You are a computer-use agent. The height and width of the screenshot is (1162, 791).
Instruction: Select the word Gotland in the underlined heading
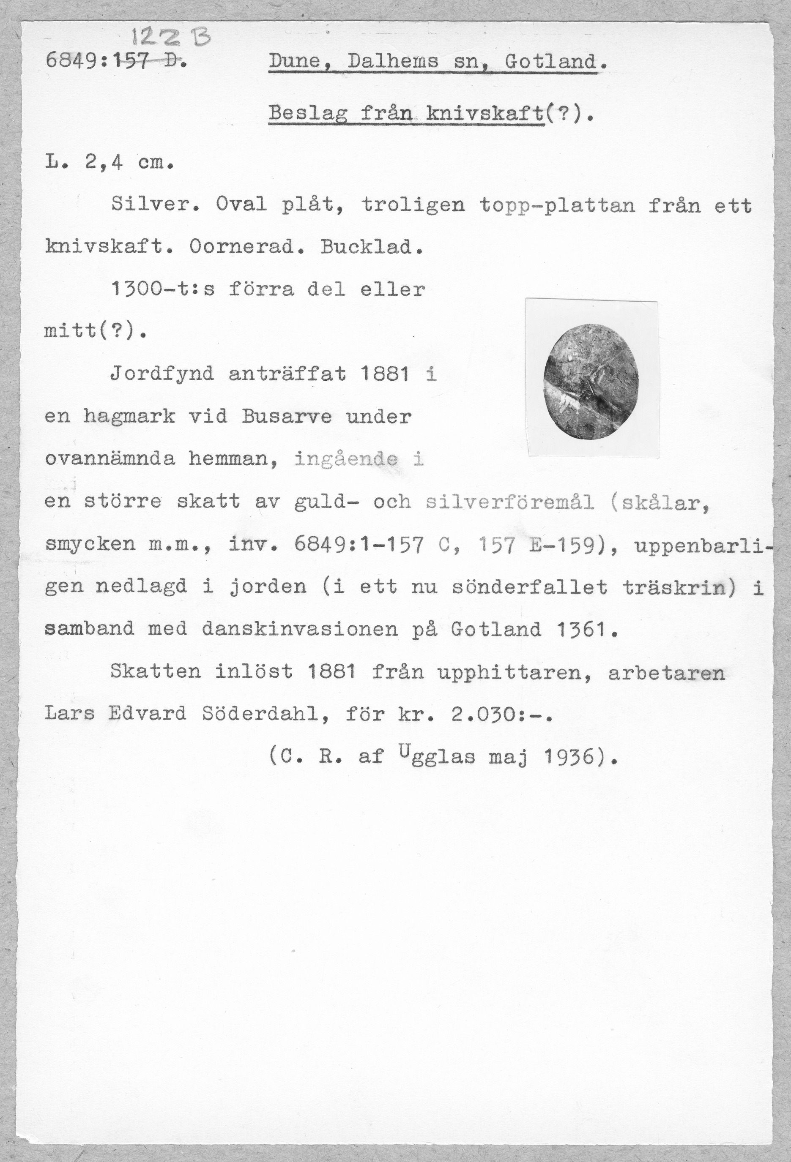tap(551, 62)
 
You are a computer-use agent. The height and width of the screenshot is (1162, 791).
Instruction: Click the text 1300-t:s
tap(163, 289)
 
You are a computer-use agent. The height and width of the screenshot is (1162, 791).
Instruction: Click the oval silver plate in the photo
tap(591, 381)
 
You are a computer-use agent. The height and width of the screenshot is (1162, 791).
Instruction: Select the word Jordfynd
tap(161, 374)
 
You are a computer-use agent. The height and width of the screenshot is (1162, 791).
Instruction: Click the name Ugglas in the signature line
tap(437, 756)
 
